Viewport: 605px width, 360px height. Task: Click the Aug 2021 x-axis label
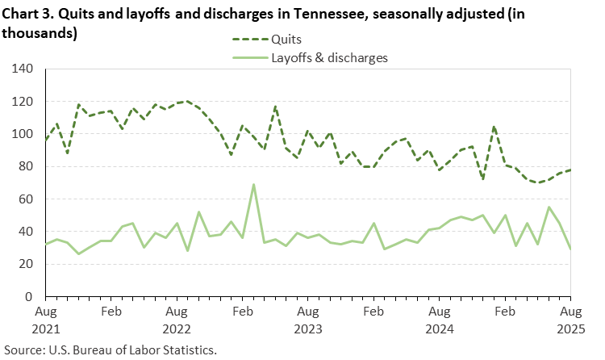[x=46, y=319]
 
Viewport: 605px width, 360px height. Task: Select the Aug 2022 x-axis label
[x=177, y=319]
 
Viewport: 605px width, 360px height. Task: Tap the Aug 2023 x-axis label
[x=308, y=319]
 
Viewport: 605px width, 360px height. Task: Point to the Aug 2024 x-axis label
[x=440, y=319]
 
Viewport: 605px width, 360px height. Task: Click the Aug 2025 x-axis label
[x=570, y=319]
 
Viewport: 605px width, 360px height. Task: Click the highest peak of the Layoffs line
[x=254, y=185]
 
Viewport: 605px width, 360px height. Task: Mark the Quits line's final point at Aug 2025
[x=570, y=170]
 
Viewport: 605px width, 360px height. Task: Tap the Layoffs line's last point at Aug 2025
[x=570, y=249]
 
